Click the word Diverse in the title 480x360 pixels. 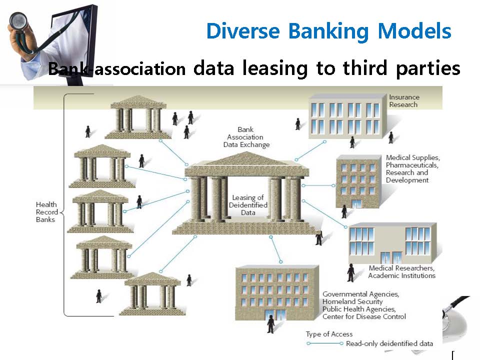[243, 31]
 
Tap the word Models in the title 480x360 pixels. [414, 31]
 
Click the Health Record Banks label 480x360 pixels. [47, 212]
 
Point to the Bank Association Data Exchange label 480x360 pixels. [246, 137]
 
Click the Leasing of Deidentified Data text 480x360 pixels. [248, 205]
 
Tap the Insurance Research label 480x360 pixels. [404, 100]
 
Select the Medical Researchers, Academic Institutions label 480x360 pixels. [401, 272]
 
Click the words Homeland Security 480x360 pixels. [352, 301]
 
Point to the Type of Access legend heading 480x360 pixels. [329, 334]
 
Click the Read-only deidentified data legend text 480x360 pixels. [389, 344]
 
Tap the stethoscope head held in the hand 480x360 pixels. [18, 21]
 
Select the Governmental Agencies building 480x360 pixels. [276, 292]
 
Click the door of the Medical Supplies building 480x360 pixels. [357, 204]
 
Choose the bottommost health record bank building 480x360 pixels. [152, 294]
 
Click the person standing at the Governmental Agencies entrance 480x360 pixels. [270, 324]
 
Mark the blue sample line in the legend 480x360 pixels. [325, 343]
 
